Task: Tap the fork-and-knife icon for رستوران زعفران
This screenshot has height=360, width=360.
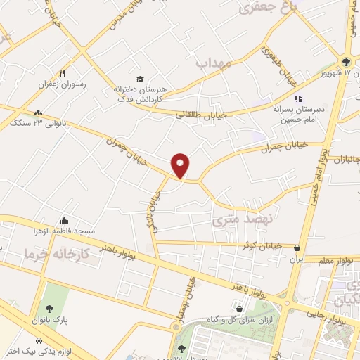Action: (63, 73)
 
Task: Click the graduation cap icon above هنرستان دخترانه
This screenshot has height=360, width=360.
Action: (140, 79)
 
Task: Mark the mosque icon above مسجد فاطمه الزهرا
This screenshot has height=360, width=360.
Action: (65, 220)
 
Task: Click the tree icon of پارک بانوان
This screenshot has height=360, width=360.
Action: (49, 309)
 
